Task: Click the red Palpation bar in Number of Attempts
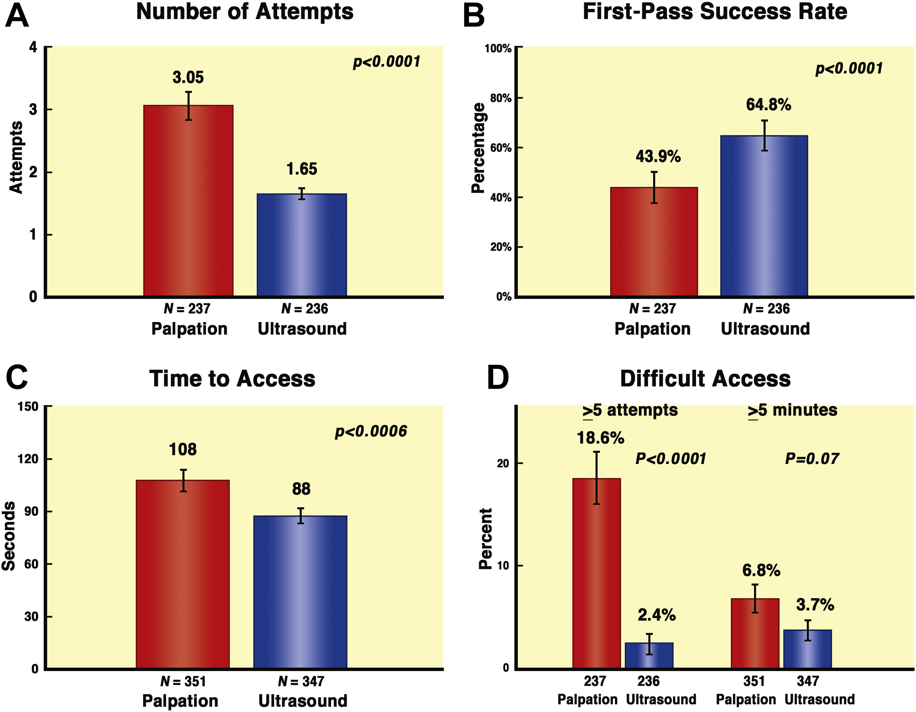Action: click(x=188, y=201)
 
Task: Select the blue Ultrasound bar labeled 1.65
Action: click(x=302, y=245)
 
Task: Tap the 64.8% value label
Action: click(x=768, y=105)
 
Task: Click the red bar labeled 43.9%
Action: click(x=654, y=242)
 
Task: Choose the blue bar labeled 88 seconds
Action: click(x=300, y=592)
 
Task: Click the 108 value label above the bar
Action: click(x=183, y=450)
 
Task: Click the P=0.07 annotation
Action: click(x=812, y=459)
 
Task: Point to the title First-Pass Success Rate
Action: click(x=715, y=12)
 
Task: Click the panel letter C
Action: click(x=17, y=377)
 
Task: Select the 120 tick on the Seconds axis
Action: click(x=29, y=459)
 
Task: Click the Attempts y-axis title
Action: click(x=16, y=157)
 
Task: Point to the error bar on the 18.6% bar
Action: click(x=596, y=478)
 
